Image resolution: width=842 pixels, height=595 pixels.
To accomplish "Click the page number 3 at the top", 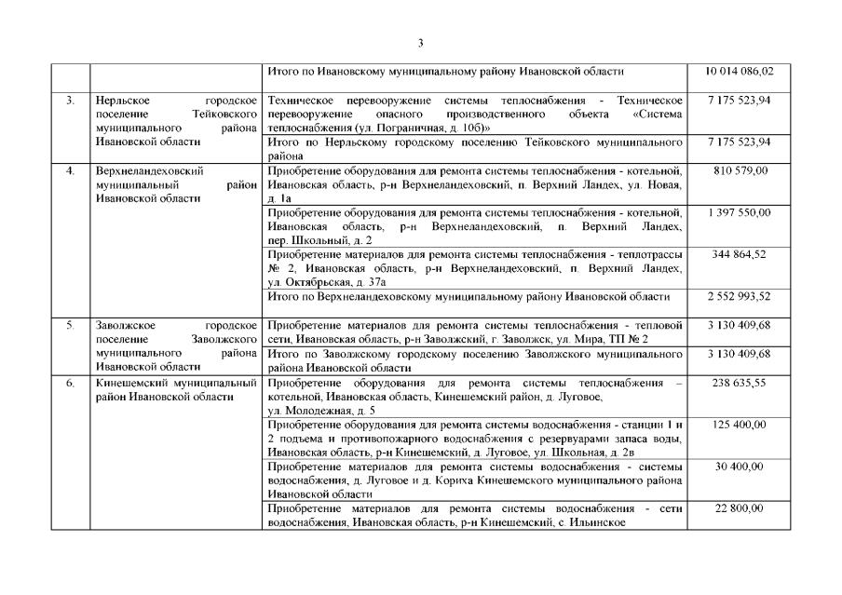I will click(420, 42).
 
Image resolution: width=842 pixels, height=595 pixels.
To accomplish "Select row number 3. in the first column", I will click(70, 100).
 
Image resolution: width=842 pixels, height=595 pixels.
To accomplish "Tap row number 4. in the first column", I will click(70, 171).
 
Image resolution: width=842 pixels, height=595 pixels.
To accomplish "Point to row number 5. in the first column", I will click(70, 326).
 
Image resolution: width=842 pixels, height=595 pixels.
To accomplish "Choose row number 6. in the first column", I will click(70, 383).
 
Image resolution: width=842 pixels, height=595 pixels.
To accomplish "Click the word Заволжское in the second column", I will click(127, 326).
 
